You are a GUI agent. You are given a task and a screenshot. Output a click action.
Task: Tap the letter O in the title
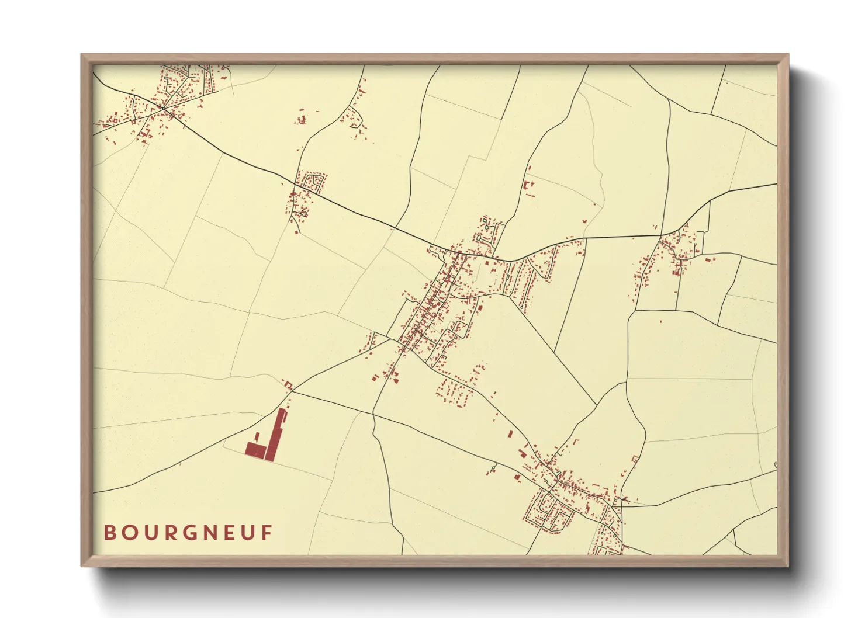[x=129, y=533]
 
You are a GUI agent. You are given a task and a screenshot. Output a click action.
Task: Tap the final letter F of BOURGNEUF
[x=268, y=533]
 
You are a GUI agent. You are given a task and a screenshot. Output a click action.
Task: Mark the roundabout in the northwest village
[x=164, y=109]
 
